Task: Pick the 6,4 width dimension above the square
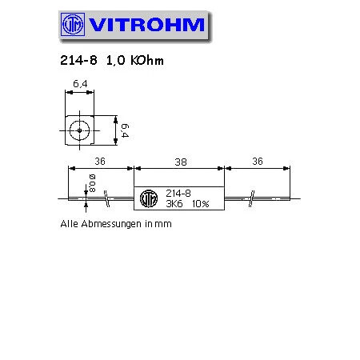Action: coord(80,82)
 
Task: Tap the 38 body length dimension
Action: coord(179,161)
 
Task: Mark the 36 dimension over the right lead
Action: coord(258,161)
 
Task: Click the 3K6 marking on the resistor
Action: coord(173,205)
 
